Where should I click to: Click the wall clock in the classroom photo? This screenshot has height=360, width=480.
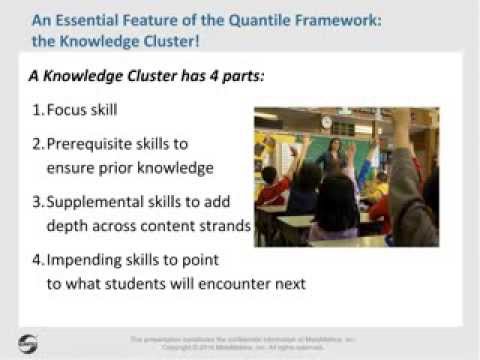327,122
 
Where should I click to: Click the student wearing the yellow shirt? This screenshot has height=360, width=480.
381,185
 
